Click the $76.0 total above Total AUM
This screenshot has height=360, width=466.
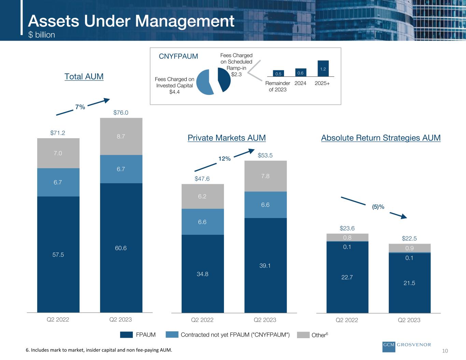[x=121, y=113]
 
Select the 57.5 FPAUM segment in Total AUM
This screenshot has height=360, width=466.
[x=58, y=254]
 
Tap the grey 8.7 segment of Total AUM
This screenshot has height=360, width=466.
[x=121, y=136]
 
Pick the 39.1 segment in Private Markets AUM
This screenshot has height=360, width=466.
[x=266, y=265]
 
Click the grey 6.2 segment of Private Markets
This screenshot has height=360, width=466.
[x=203, y=196]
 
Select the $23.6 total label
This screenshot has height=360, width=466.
[x=347, y=228]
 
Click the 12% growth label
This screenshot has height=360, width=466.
[x=225, y=159]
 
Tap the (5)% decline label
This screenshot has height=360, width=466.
[x=378, y=207]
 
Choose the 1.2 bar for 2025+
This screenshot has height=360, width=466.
[x=323, y=69]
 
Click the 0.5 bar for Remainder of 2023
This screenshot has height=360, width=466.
[x=278, y=73]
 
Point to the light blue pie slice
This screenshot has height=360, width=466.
[x=204, y=82]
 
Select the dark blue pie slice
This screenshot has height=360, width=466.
[x=224, y=80]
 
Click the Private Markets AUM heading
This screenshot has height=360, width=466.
[x=227, y=138]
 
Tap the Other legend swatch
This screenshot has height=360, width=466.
[x=303, y=335]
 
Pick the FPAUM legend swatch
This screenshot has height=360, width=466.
[x=126, y=335]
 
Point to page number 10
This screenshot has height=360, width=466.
[x=445, y=351]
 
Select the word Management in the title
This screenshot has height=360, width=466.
[x=185, y=21]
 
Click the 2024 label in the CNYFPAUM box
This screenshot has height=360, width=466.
[x=300, y=83]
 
